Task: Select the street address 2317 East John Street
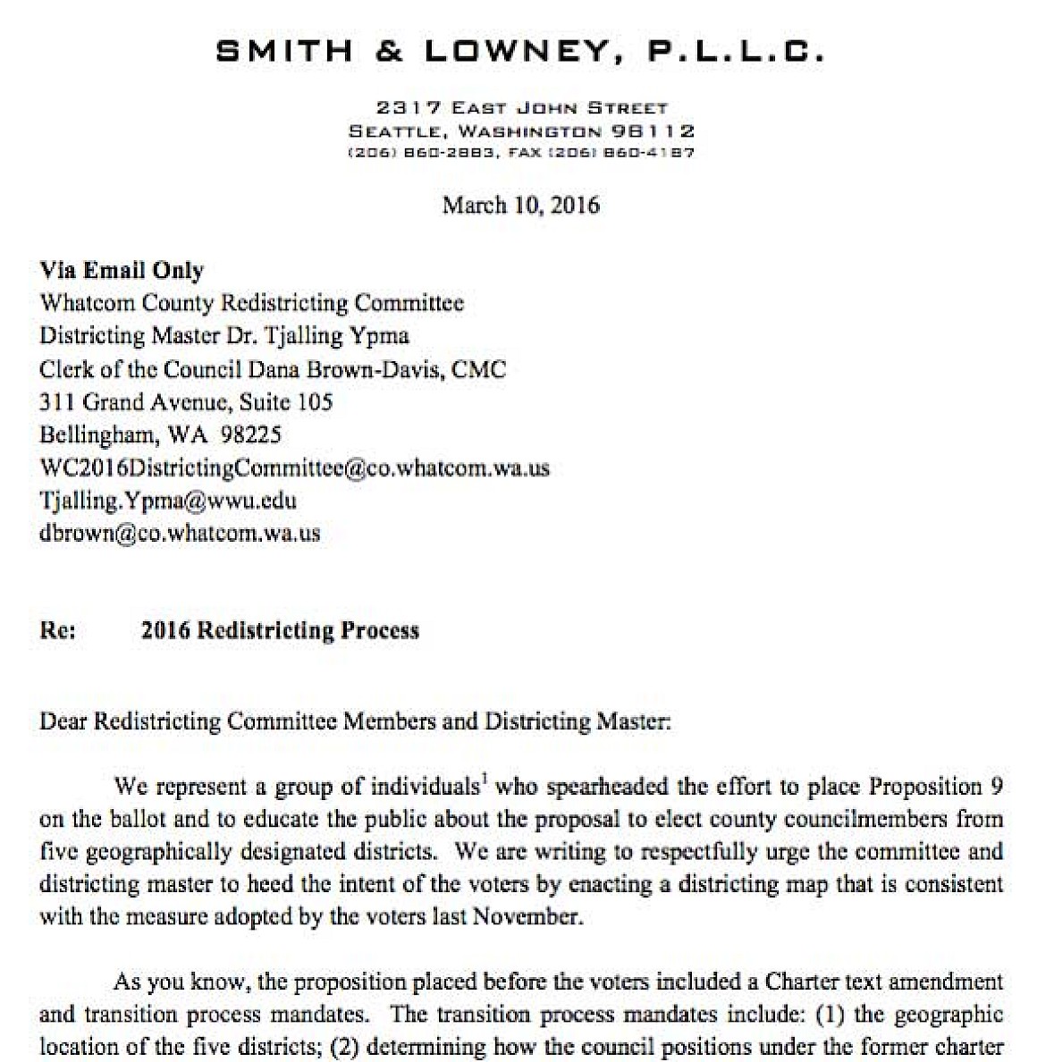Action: [x=521, y=108]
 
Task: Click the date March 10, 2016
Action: [x=520, y=205]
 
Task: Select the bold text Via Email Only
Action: [x=122, y=270]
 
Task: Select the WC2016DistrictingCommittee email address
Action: [x=294, y=468]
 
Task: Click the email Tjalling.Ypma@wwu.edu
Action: [x=168, y=501]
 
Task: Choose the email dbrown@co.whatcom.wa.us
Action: [x=180, y=534]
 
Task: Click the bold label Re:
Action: [x=58, y=630]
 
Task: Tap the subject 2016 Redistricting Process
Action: [x=280, y=630]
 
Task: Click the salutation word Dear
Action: [x=63, y=721]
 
